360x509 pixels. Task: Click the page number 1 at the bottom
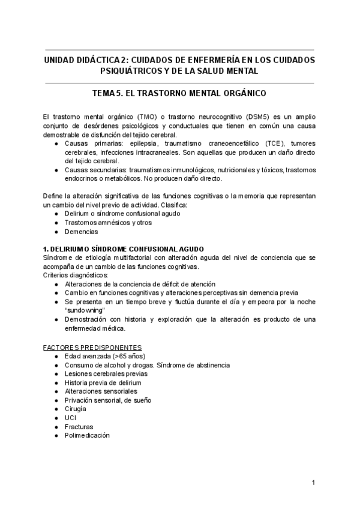click(x=313, y=483)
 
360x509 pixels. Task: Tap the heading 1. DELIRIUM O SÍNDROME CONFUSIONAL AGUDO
click(x=124, y=248)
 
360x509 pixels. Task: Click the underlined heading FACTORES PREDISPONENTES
click(x=92, y=347)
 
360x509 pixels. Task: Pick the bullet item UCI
click(x=70, y=418)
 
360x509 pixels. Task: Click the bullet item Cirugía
click(x=75, y=409)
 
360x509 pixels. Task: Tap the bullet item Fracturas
click(x=79, y=427)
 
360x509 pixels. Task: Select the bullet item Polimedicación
click(x=87, y=436)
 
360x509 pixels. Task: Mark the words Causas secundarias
click(x=92, y=170)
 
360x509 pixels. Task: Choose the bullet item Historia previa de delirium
click(x=103, y=382)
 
